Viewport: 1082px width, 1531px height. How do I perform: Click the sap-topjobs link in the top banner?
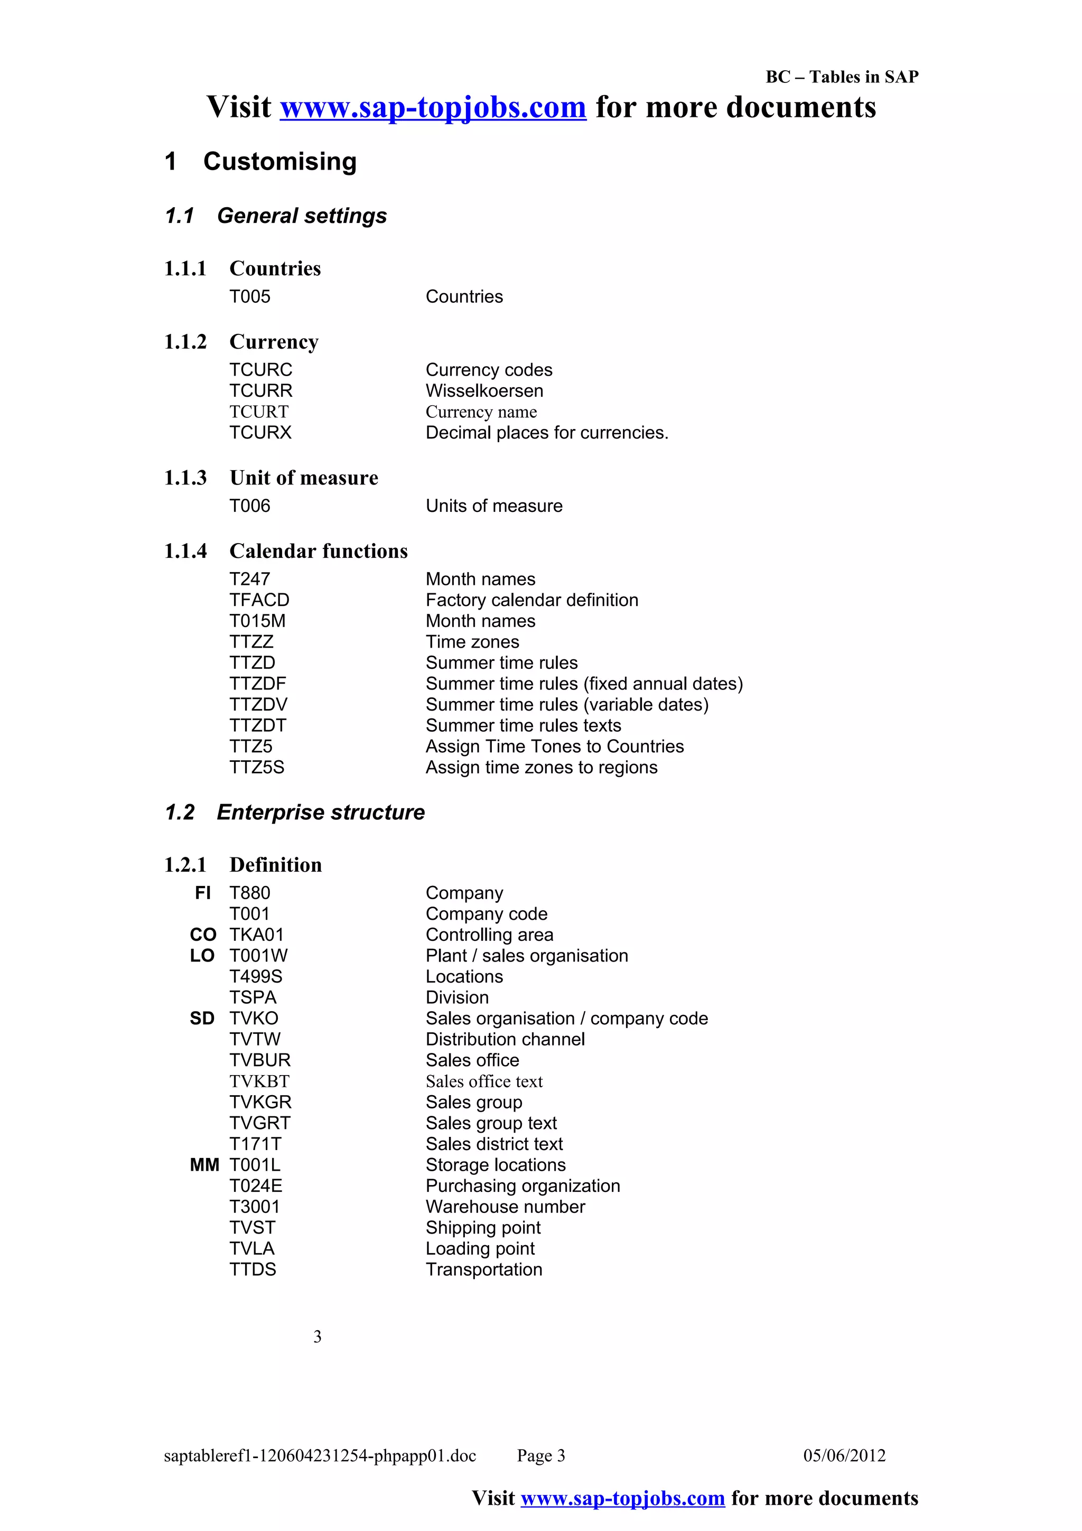tap(433, 107)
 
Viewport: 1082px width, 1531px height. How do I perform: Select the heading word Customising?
tap(279, 161)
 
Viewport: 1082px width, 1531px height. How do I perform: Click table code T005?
tap(250, 297)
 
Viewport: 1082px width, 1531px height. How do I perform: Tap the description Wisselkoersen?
tap(484, 391)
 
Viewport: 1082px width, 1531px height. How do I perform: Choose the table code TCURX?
tap(260, 433)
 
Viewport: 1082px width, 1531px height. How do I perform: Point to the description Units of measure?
tap(493, 506)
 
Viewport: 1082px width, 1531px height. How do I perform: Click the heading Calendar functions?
tap(318, 551)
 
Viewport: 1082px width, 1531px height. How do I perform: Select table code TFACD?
tap(259, 600)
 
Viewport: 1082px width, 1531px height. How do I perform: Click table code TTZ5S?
tap(257, 768)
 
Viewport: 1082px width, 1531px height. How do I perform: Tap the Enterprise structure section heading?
tap(320, 812)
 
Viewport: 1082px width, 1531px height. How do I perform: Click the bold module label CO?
tap(203, 935)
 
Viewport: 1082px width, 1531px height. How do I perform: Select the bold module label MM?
tap(204, 1165)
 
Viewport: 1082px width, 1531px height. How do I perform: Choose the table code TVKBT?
tap(259, 1081)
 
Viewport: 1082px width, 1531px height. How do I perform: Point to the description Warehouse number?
tap(505, 1207)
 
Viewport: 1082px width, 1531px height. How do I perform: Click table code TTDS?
tap(253, 1269)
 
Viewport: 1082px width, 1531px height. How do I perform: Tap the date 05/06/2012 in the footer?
tap(844, 1455)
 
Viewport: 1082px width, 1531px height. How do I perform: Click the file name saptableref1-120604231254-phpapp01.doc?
tap(320, 1455)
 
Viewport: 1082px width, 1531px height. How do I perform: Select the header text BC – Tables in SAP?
tap(841, 77)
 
